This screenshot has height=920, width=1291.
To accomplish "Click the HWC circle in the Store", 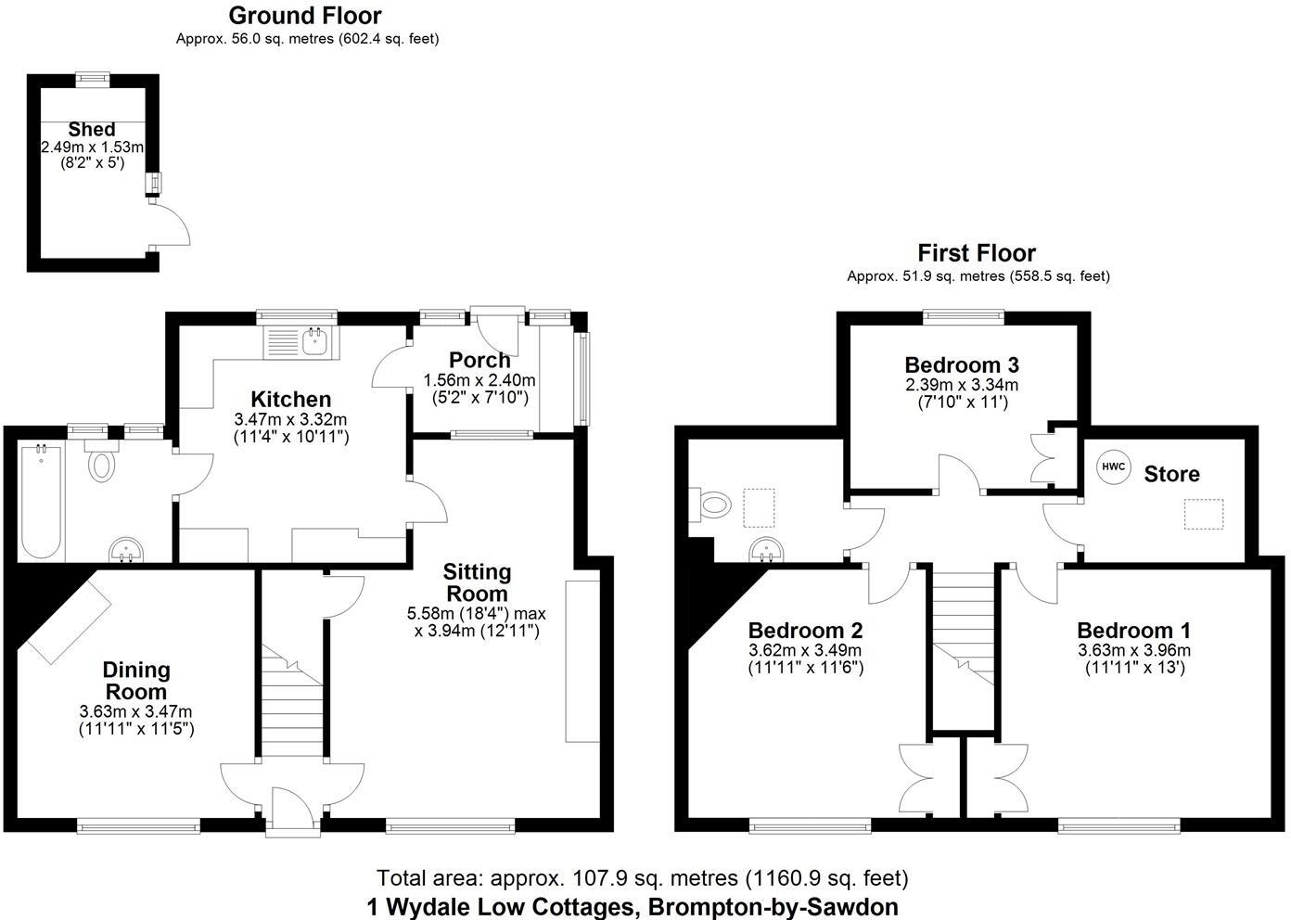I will point(1113,466).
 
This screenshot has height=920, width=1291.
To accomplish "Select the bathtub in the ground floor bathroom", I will point(41,501).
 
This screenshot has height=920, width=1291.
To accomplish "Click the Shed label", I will point(92,130).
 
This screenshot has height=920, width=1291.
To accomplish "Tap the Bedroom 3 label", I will point(962,364).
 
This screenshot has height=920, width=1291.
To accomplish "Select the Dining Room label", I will point(136,681).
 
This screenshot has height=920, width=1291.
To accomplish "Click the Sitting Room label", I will point(477,582).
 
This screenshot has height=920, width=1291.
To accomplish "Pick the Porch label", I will point(479,360).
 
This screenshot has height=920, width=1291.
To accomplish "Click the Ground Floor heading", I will point(305,16).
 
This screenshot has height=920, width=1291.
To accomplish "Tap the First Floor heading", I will point(977,252).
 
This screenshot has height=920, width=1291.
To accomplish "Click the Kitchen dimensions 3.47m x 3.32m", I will point(290,419).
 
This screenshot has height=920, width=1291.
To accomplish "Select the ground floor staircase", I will point(291,705).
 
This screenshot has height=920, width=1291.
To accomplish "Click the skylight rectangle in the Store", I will point(1203,514).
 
